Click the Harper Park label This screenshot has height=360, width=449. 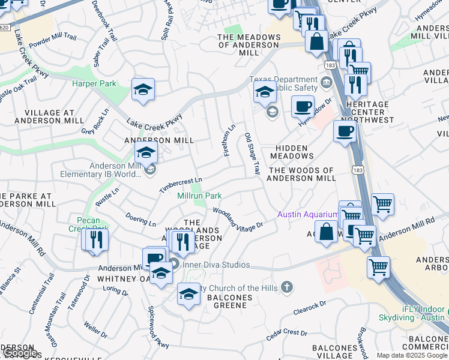coord(94,84)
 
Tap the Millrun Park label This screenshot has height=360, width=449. coord(200,196)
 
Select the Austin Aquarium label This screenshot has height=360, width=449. coord(307,215)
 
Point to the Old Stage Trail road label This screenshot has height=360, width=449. coord(252,155)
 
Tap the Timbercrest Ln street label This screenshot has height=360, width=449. coord(181,185)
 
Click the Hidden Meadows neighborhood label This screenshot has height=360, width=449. coord(292,152)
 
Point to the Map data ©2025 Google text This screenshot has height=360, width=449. coord(412,355)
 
